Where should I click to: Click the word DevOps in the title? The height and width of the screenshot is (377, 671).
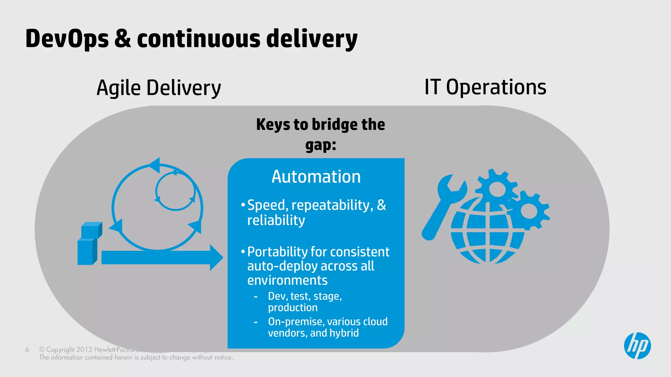67,39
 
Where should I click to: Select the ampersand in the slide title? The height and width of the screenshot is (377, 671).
122,39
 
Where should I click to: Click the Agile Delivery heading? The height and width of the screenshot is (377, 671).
159,88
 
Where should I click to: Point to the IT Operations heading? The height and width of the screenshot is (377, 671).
485,87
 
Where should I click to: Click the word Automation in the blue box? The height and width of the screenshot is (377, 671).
316,177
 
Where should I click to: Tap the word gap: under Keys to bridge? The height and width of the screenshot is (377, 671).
320,145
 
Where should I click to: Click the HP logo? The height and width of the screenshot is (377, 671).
637,346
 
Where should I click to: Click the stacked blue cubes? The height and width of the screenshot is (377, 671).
89,244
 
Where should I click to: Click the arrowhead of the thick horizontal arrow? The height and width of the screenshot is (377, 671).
216,258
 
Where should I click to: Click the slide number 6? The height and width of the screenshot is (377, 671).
27,350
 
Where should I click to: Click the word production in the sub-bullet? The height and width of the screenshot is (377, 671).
293,308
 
